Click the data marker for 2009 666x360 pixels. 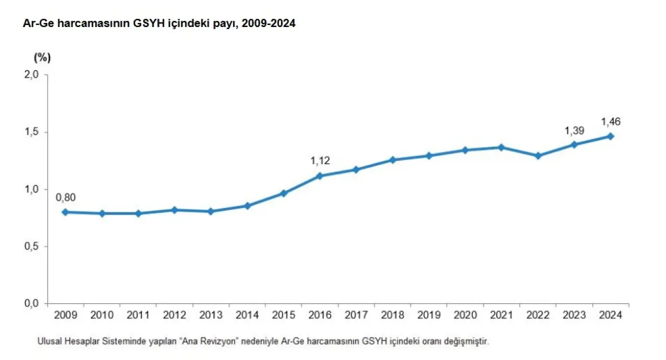[65, 212]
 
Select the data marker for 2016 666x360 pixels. [319, 176]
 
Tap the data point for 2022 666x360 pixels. [538, 156]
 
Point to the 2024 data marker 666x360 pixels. [611, 136]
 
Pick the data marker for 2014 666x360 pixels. [247, 206]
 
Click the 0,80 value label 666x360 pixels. [65, 197]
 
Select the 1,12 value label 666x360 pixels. [320, 161]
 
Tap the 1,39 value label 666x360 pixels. [574, 130]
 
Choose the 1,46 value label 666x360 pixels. [611, 122]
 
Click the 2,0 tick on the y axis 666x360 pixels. [32, 75]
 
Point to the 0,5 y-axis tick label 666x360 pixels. [32, 247]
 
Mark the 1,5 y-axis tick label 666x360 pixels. [32, 132]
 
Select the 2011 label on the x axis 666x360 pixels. [138, 315]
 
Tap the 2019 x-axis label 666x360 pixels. [429, 315]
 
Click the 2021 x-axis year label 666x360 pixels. [502, 315]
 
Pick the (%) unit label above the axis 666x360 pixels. [42, 57]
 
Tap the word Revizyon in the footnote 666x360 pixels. [221, 342]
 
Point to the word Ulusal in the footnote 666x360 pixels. [49, 342]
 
